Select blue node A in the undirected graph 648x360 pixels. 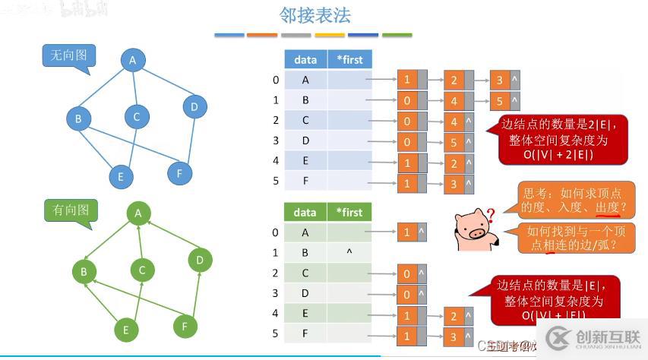click(x=132, y=61)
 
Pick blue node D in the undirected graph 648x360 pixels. click(x=194, y=107)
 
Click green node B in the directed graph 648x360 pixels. click(x=84, y=271)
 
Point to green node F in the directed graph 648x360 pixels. click(x=185, y=327)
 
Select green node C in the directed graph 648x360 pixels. click(x=142, y=270)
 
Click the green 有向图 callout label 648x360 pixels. click(x=70, y=210)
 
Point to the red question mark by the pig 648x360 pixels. click(x=491, y=216)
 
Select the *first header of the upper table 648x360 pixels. click(x=349, y=59)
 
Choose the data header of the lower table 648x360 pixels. click(x=305, y=213)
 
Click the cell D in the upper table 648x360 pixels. click(x=305, y=141)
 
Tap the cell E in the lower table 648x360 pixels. click(x=305, y=314)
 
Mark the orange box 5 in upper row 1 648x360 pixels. click(x=498, y=100)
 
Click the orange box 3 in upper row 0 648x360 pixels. click(x=498, y=80)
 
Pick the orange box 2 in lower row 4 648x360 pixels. click(x=454, y=316)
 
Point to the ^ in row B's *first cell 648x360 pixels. click(x=349, y=251)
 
